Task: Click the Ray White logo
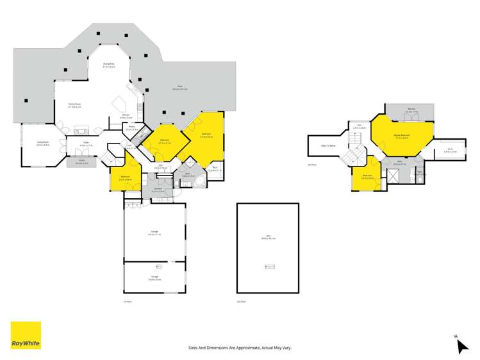pos(26,335)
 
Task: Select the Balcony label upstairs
pos(411,109)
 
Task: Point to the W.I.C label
pos(450,150)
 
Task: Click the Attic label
pos(268,235)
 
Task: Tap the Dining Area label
pos(109,64)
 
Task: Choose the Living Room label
pos(42,143)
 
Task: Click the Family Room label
pos(74,104)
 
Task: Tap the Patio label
pos(172,88)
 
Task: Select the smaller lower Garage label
pos(154,277)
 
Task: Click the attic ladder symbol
pos(268,266)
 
